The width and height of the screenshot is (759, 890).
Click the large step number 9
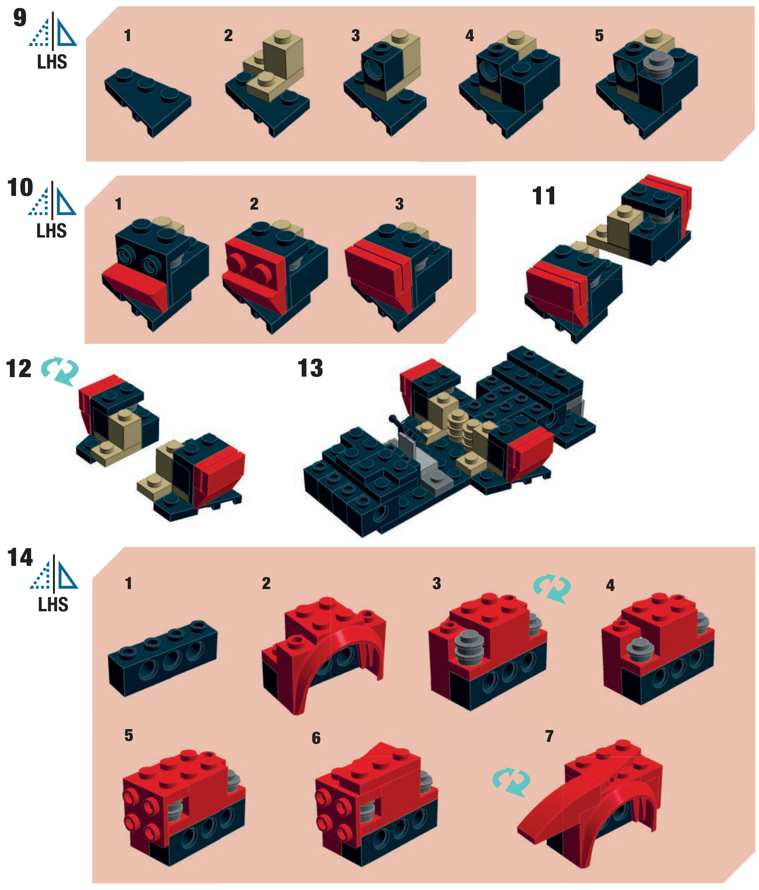20,18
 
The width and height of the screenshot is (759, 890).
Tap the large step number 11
543,196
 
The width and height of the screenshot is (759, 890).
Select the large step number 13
310,368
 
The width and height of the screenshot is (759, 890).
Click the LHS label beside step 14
53,605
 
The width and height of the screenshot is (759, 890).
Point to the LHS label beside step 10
52,231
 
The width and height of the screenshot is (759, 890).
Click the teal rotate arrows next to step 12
60,370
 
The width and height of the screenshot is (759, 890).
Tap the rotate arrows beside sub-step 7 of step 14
511,782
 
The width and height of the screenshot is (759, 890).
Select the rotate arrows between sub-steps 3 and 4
552,588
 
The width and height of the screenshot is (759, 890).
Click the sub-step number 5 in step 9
599,35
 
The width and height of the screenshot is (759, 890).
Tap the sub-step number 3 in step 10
399,204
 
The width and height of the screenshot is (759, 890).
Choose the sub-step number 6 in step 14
316,738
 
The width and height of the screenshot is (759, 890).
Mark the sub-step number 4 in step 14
610,585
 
